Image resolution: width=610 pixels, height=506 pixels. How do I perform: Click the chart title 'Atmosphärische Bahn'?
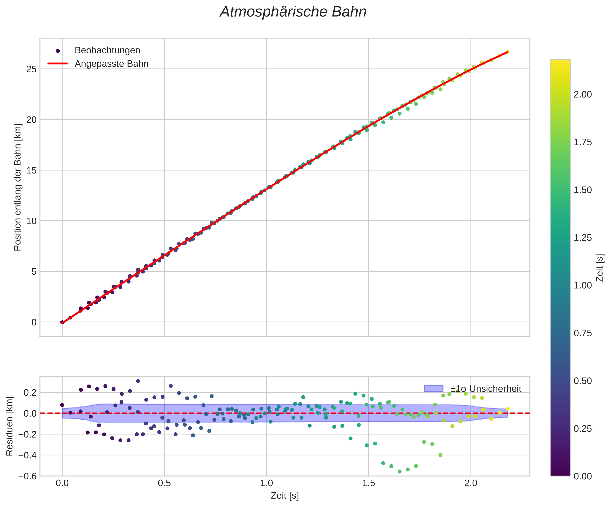(293, 12)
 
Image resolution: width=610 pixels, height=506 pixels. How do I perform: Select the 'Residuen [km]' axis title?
(10, 426)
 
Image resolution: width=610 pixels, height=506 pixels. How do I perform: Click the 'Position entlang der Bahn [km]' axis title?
(18, 187)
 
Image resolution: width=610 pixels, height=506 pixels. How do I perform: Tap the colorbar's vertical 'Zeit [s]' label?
(600, 268)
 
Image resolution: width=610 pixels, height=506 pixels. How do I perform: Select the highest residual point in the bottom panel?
(138, 381)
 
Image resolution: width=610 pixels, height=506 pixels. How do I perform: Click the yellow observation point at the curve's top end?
(508, 52)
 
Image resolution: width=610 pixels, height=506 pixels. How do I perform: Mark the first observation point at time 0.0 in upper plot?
(62, 322)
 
